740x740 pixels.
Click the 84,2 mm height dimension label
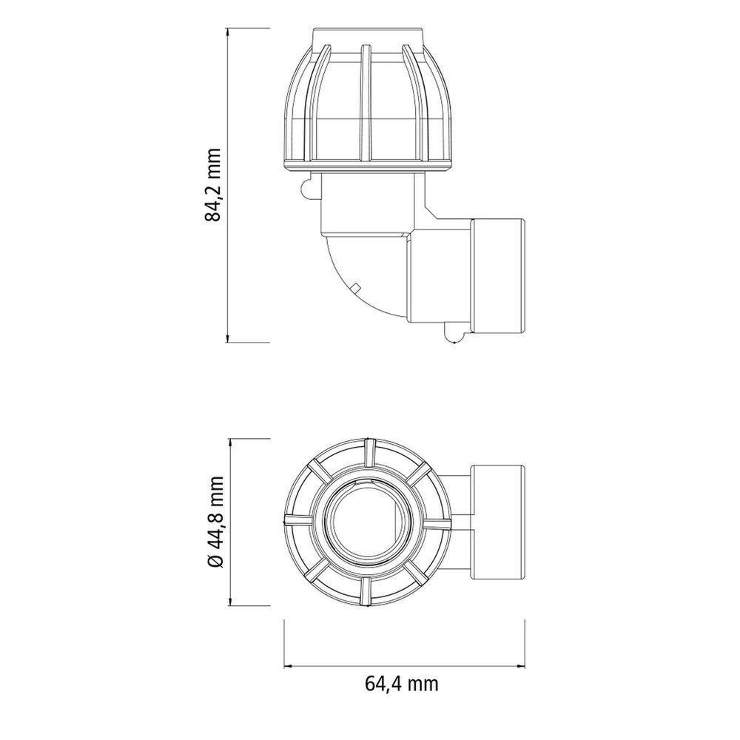pos(213,185)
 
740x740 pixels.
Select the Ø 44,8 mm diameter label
pos(215,522)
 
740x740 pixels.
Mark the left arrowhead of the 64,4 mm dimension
pos(289,664)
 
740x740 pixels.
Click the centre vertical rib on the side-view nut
pos(364,104)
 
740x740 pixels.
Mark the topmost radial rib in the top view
pos(367,453)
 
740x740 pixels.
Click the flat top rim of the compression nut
pos(368,36)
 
